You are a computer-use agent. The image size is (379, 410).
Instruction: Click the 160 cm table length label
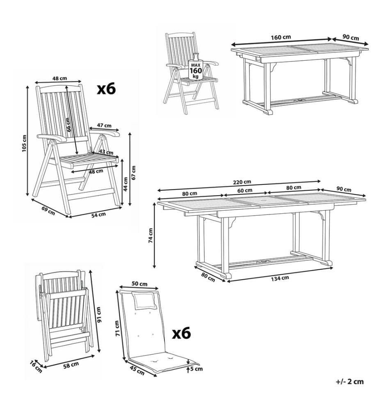pos(281,37)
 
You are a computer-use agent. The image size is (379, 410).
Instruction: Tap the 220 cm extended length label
pos(242,182)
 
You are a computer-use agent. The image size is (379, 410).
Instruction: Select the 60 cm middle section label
pos(245,191)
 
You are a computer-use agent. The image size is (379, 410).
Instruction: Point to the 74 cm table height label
pos(151,236)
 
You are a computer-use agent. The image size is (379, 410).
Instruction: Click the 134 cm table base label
pos(280,278)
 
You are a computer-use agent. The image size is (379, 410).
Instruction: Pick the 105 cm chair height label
pos(24,143)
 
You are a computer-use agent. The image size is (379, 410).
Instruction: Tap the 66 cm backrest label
pos(68,125)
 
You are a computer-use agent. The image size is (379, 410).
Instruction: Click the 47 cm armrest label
pos(104,125)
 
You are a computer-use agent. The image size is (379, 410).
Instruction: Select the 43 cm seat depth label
pos(106,152)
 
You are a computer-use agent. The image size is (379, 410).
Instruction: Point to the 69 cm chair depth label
pos(48,210)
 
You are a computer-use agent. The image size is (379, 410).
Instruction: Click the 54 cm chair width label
pos(98,215)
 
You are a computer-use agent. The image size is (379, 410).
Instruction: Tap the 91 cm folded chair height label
pos(98,314)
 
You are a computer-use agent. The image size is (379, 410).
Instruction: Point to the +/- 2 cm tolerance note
pos(350,381)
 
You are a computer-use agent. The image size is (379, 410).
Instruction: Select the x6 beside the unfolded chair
pos(106,89)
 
